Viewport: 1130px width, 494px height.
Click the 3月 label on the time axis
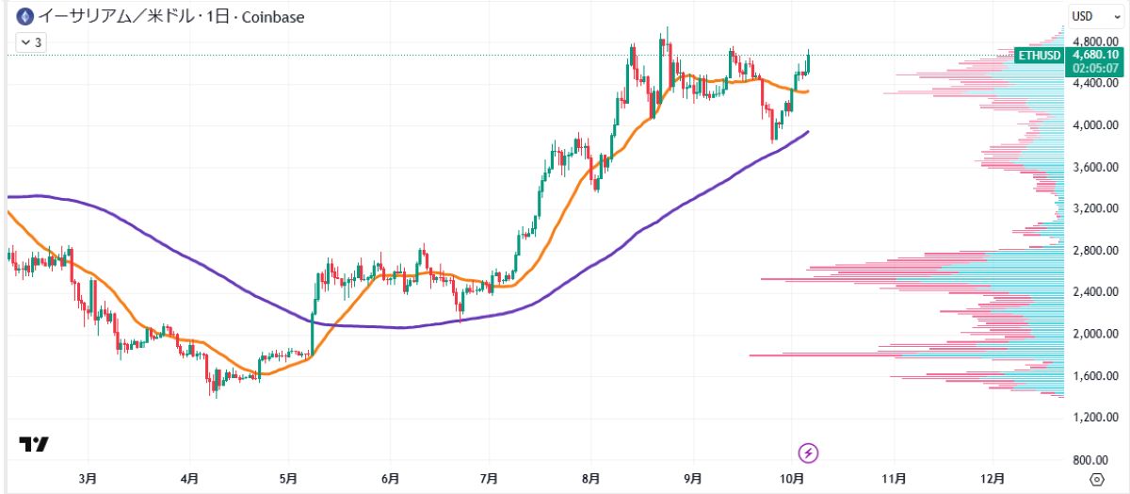(88, 479)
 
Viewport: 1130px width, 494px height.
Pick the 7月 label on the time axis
(490, 479)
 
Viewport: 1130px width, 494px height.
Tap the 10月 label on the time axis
(792, 479)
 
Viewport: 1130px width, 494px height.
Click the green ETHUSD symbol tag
(1040, 56)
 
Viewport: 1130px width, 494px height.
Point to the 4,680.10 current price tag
(1094, 56)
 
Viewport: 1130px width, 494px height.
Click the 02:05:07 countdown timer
(1094, 68)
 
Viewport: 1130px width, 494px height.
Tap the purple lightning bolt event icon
(808, 453)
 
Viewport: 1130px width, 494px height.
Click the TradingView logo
(34, 444)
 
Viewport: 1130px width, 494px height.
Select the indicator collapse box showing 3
(30, 42)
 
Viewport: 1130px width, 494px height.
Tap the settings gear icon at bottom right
(1096, 479)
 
